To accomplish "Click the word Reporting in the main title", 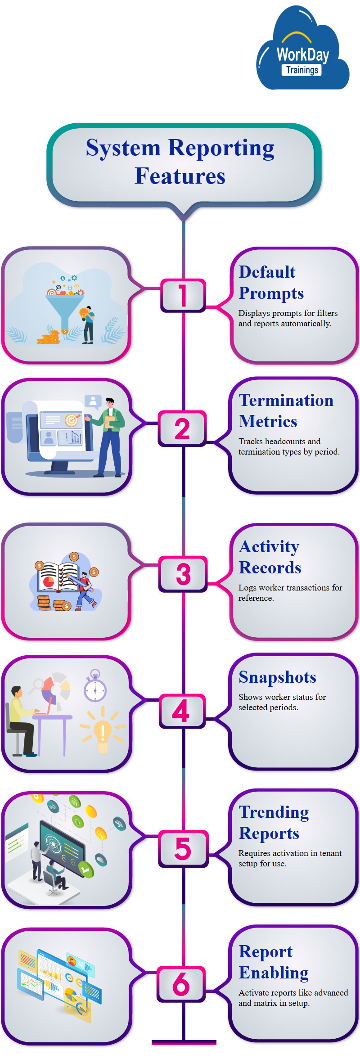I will pos(221,148).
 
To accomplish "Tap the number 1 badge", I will pos(183,295).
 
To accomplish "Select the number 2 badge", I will pos(182,428).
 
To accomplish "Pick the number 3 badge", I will pos(183,574).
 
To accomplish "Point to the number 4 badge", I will pos(181,711).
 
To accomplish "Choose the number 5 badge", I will pos(183,848).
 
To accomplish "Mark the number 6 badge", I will pos(181,984).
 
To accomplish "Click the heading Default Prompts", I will pos(271,282).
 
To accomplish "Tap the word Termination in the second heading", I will pos(286,400).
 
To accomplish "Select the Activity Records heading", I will pos(270,557).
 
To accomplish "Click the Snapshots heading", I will pos(277,677).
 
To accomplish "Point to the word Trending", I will pos(274,812).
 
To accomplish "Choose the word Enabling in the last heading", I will pos(274,973).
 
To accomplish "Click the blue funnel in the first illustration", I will pos(65,311).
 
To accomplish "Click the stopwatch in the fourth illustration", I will pos(95,687).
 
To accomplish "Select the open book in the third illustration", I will pos(59,577).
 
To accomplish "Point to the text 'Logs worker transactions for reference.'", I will pos(290,593).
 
